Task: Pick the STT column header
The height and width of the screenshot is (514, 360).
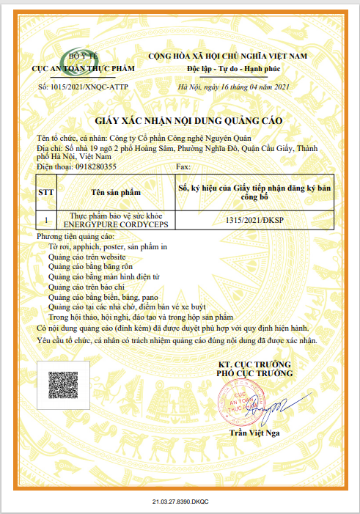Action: coord(46,192)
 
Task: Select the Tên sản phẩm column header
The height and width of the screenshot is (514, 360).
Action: coord(114,192)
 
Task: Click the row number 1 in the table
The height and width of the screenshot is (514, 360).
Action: coord(46,219)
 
